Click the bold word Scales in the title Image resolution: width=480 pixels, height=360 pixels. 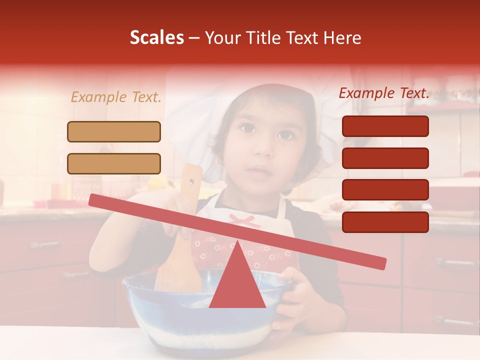[156, 38]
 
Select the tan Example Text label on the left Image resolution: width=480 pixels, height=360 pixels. [116, 97]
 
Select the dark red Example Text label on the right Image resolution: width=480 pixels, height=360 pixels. [384, 93]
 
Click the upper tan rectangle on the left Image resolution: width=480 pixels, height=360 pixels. [114, 131]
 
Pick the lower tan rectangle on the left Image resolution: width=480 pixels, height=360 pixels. [114, 163]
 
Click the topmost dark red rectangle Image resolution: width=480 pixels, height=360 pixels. [385, 126]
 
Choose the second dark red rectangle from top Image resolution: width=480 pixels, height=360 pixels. [385, 158]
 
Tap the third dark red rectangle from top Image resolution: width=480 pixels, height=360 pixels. [385, 190]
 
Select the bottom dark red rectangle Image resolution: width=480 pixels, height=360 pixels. [385, 222]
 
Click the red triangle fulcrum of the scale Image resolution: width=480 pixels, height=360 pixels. [237, 282]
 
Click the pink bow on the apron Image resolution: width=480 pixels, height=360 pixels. [244, 219]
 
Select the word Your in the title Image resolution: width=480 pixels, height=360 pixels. [221, 38]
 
